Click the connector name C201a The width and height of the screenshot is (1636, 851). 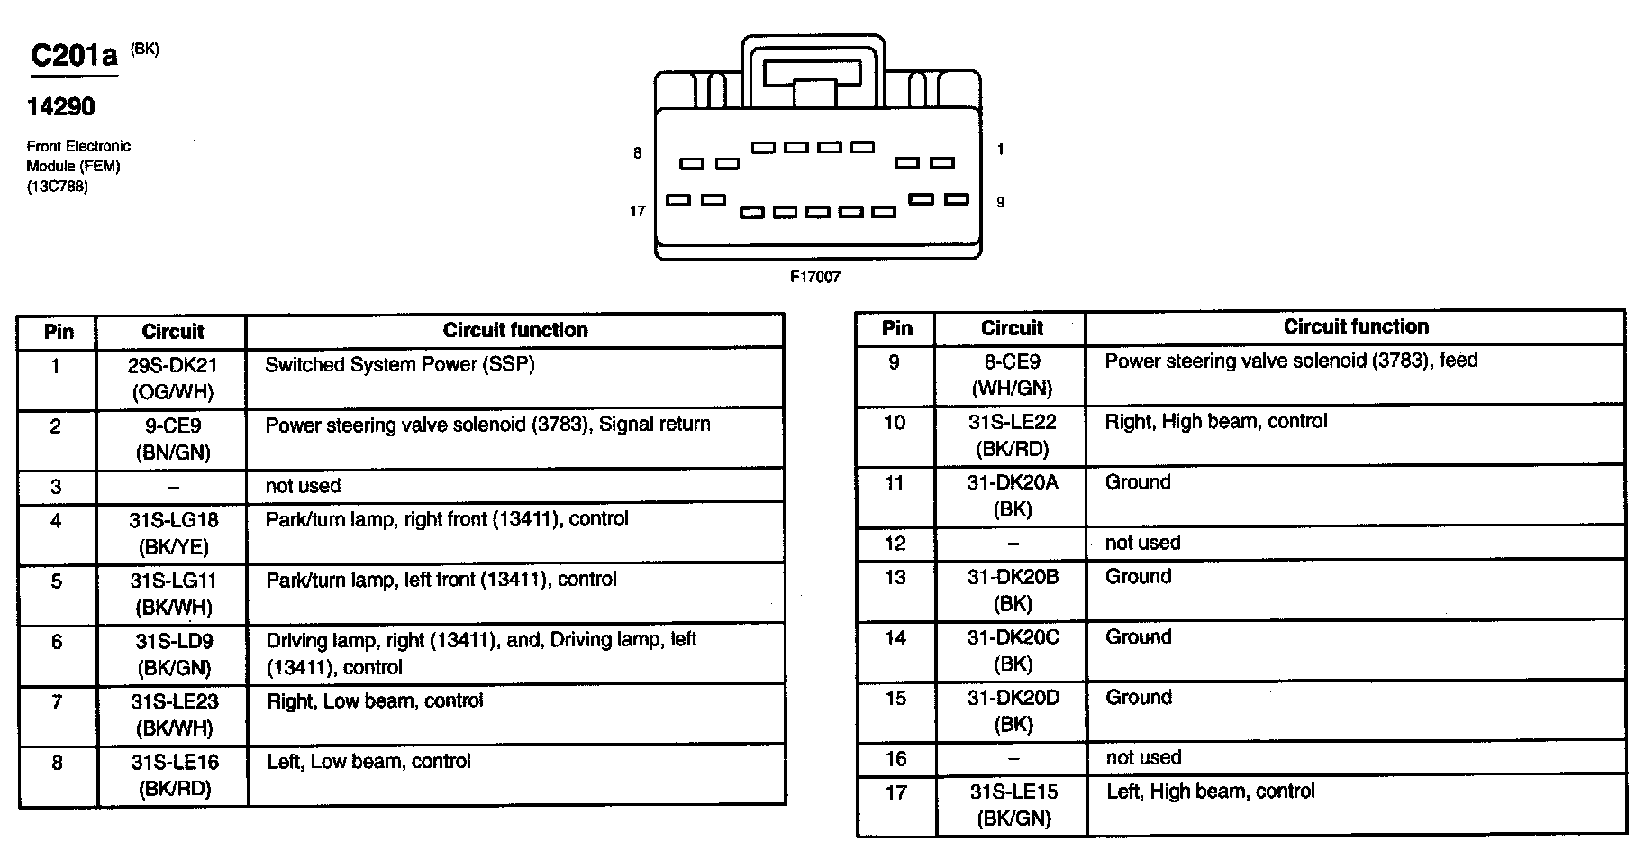74,56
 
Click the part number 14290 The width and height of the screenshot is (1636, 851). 60,107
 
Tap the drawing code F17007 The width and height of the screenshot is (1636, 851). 814,277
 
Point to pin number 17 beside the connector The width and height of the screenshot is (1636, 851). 637,211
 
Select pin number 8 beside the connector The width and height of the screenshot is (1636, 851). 637,153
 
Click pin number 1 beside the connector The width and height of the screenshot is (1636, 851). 1000,150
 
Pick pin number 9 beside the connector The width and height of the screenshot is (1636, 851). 1000,202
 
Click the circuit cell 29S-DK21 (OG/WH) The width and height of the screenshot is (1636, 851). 172,379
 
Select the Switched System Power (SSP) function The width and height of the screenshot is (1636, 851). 399,365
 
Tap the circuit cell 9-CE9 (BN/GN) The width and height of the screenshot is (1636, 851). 172,439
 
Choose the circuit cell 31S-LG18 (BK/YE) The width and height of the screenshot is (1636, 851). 172,534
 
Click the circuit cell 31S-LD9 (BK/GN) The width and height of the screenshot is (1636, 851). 172,654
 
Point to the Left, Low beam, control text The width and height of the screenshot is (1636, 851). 368,762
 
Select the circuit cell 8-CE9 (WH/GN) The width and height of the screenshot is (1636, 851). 1012,375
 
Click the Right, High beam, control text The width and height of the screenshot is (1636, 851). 1215,421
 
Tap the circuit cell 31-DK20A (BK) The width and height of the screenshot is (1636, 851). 1012,496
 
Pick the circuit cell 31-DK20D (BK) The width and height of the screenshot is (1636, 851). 1013,711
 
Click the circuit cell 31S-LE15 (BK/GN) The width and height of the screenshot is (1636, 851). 1013,805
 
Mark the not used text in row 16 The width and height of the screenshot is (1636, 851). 1142,758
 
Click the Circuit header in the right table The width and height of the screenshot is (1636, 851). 1012,328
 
